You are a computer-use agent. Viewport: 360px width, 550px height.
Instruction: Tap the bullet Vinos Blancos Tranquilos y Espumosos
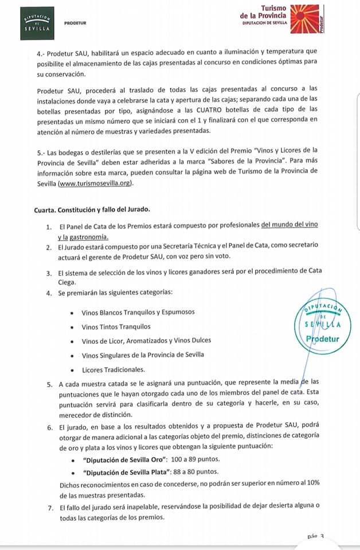[x=138, y=312]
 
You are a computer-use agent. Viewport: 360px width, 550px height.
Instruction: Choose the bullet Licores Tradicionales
[x=114, y=369]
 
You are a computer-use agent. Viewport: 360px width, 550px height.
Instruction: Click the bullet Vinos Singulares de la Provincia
[x=143, y=355]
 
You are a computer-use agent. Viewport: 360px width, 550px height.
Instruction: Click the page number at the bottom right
[x=316, y=537]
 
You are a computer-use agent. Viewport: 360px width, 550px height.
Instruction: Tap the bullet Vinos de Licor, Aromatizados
[x=146, y=340]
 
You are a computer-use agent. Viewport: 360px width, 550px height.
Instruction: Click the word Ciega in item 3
[x=68, y=282]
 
